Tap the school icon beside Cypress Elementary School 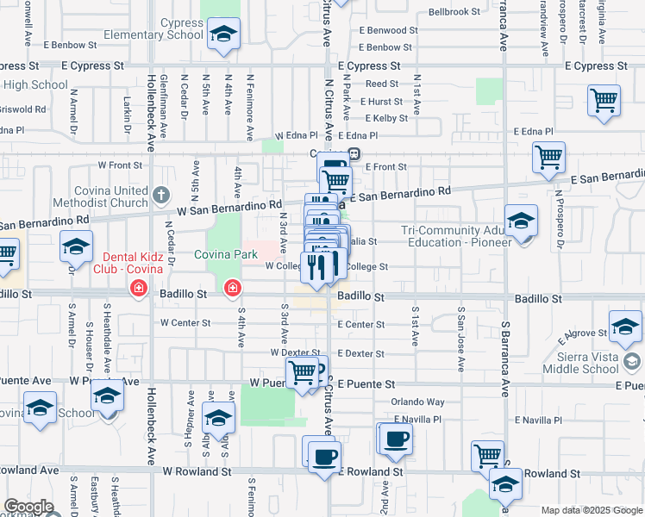tap(223, 34)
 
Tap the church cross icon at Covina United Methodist tap(161, 196)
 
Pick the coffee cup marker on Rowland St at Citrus tap(324, 457)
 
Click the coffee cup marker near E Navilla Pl tap(396, 439)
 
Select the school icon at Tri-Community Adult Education tap(521, 221)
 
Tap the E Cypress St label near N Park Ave tap(369, 65)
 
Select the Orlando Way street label tap(417, 402)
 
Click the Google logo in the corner tap(28, 507)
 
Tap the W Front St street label tap(119, 164)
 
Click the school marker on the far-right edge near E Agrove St tap(624, 327)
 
